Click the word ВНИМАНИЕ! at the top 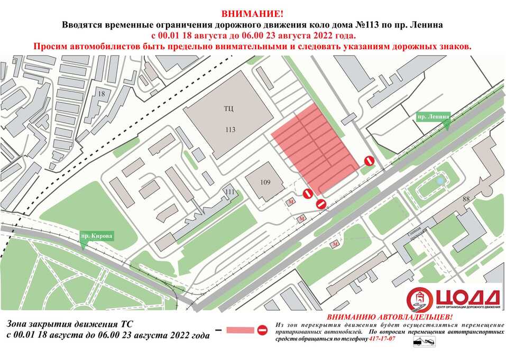[252, 13]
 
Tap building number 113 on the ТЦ [229, 130]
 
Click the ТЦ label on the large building [228, 108]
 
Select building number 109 [265, 182]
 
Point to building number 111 [229, 191]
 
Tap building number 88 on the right [466, 199]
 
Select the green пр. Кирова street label [97, 236]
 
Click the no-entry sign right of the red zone [370, 160]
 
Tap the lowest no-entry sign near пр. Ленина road [320, 204]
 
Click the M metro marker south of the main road [335, 244]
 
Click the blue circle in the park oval [440, 181]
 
